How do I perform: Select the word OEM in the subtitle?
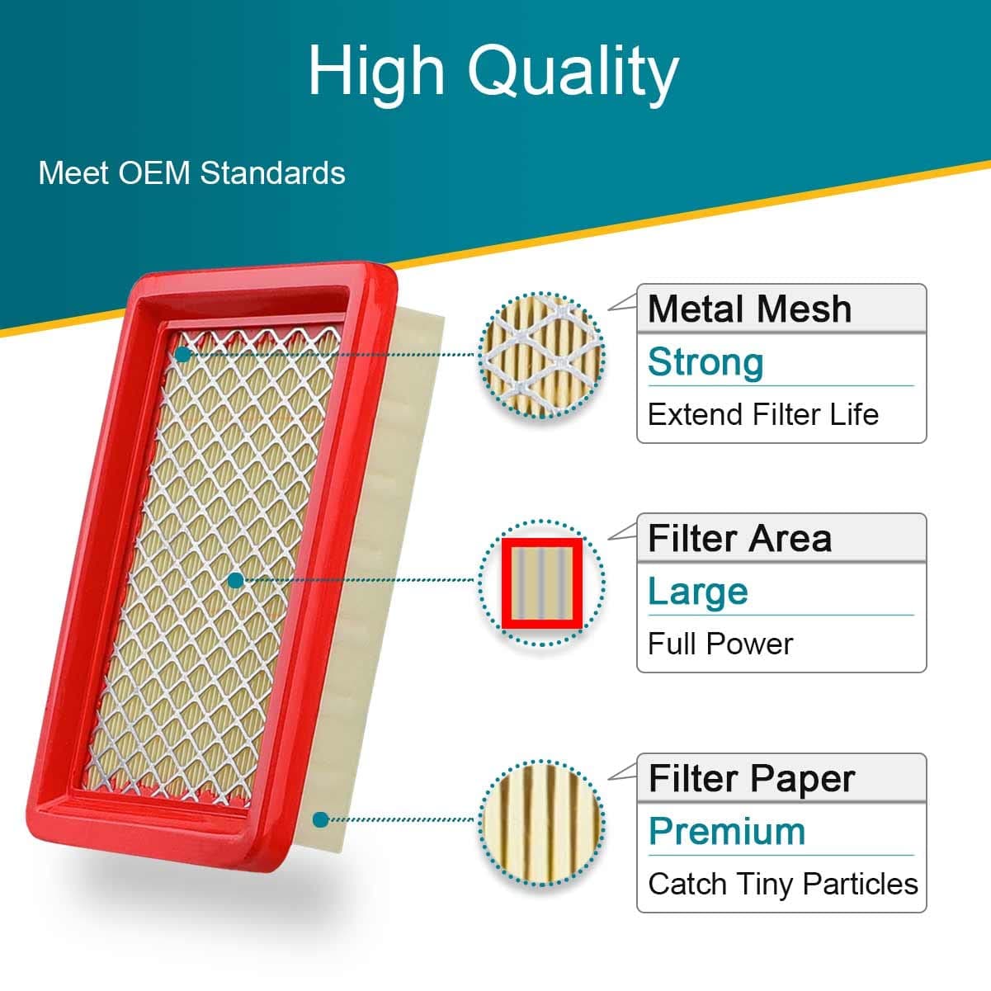point(154,172)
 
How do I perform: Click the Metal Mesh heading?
point(749,309)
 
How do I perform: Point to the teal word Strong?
point(705,362)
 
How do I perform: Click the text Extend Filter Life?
point(763,414)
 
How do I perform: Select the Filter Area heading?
point(739,539)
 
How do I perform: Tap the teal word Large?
point(698,592)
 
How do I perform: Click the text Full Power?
point(720,644)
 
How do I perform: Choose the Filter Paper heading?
point(752,779)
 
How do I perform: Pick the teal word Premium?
point(727,832)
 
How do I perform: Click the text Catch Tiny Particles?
point(783,885)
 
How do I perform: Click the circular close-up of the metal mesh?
point(541,356)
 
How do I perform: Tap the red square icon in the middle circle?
point(542,583)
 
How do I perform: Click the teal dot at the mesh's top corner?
point(182,354)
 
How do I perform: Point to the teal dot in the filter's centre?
point(235,581)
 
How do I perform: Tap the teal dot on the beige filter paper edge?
point(321,819)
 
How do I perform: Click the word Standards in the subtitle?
point(272,172)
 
